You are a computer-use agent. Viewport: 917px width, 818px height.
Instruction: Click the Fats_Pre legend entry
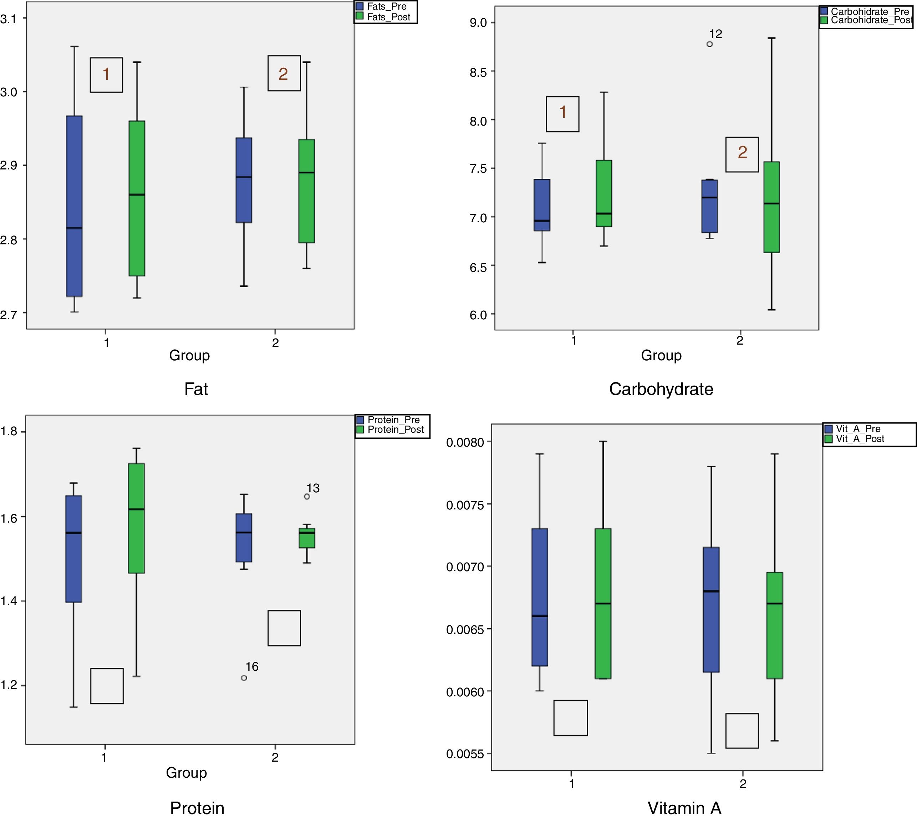[x=386, y=7]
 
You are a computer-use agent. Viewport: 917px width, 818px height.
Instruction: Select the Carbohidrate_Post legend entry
[x=870, y=21]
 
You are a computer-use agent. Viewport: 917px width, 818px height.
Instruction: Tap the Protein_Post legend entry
[x=395, y=430]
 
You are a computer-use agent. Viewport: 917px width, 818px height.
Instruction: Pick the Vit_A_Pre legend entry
[x=857, y=429]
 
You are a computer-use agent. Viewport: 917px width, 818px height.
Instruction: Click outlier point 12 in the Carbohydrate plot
[x=709, y=44]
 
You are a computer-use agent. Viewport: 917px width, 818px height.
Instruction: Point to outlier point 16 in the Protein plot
[x=244, y=678]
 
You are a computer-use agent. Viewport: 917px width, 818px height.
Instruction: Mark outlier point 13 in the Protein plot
[x=307, y=497]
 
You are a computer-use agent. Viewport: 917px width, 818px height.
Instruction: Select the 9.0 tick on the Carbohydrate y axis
[x=478, y=23]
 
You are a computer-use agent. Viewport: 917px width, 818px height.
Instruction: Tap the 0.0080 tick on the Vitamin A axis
[x=465, y=443]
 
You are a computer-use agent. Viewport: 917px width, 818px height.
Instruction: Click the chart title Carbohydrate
[x=661, y=389]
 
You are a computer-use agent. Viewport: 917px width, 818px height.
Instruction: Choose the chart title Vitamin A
[x=684, y=808]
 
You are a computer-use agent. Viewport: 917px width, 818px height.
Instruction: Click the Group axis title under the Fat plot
[x=189, y=356]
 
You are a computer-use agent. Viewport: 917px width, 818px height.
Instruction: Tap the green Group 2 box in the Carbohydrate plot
[x=771, y=207]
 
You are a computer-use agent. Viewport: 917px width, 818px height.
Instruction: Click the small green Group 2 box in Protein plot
[x=307, y=538]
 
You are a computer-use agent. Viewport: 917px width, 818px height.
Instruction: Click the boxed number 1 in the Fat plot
[x=107, y=75]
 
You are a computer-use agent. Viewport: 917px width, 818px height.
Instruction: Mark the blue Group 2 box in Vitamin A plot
[x=711, y=610]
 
